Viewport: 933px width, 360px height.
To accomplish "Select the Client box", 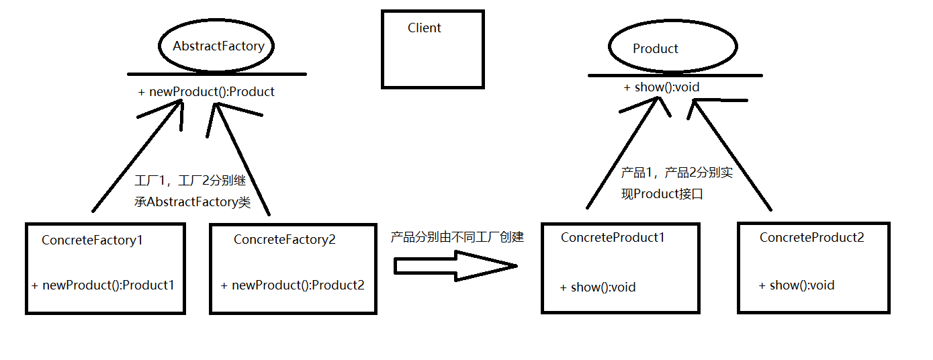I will tap(433, 49).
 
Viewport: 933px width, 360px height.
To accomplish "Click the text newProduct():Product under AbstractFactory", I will tap(207, 92).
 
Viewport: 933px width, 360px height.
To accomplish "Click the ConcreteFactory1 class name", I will tap(92, 240).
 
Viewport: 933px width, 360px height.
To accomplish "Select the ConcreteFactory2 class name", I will tap(284, 240).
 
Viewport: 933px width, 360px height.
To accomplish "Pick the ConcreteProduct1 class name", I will tap(613, 237).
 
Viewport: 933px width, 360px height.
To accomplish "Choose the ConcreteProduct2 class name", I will tap(811, 237).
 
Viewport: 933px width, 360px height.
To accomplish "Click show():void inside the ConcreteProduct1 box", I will tap(598, 287).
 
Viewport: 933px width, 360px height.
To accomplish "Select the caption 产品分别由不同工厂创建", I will tap(457, 237).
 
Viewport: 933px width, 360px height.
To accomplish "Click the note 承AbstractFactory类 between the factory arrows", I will tap(193, 202).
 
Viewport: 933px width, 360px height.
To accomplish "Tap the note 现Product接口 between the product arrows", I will tap(661, 195).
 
